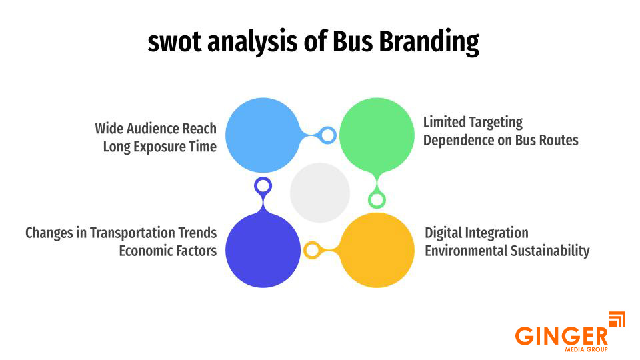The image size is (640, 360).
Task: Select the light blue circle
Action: click(x=263, y=135)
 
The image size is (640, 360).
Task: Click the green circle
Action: click(x=377, y=135)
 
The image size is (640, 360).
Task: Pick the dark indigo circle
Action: click(x=263, y=250)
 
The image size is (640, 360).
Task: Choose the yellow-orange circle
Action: click(x=377, y=250)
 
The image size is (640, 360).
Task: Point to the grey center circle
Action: click(x=320, y=193)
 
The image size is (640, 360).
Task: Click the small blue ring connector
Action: click(x=327, y=135)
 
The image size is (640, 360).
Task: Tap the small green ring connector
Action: click(x=377, y=199)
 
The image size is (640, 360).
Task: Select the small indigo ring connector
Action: click(x=263, y=185)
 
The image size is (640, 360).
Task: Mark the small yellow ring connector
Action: click(x=311, y=251)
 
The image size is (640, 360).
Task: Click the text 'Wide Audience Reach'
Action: click(x=155, y=128)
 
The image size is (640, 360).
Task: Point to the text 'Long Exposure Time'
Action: click(x=159, y=147)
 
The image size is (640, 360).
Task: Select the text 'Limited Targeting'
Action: click(x=473, y=123)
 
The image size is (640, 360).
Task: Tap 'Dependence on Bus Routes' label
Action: click(x=500, y=141)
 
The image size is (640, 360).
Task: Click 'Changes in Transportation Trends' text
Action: click(x=121, y=233)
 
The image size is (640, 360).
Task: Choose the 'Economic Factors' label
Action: click(x=167, y=251)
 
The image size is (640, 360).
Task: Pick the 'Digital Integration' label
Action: click(x=476, y=233)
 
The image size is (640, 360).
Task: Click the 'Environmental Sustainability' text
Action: click(x=507, y=251)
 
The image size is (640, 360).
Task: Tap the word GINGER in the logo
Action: click(x=561, y=335)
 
